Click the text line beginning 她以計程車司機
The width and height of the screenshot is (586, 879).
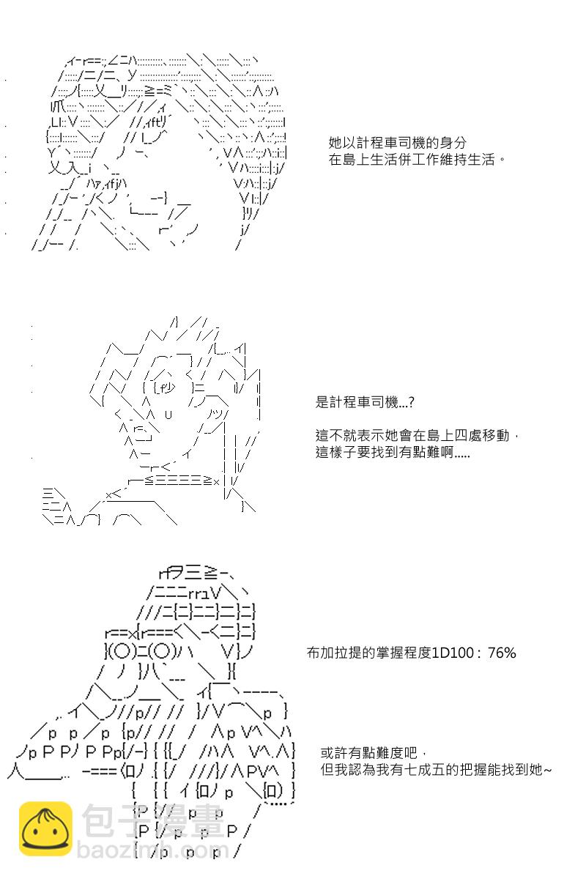coord(397,142)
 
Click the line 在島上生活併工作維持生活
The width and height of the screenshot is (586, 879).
coord(417,160)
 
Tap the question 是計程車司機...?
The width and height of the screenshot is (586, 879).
coord(365,402)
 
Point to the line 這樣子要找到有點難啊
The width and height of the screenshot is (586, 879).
coord(393,452)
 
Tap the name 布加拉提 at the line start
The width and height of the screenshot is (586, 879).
coord(333,653)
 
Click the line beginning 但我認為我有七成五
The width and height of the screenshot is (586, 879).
coord(436,770)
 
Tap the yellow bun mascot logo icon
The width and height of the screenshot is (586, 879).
coord(45,828)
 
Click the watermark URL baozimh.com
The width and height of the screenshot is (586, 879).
coord(153,850)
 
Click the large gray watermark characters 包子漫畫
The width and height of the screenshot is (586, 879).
coord(153,820)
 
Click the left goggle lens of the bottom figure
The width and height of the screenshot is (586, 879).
coord(122,652)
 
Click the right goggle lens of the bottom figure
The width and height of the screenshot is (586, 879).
coord(163,652)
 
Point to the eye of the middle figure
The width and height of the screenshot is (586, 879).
coord(166,388)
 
